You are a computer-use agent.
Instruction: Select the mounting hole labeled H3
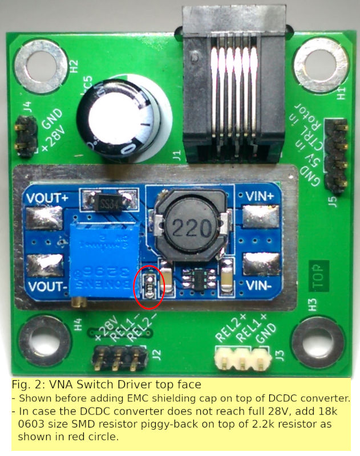(316, 342)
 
